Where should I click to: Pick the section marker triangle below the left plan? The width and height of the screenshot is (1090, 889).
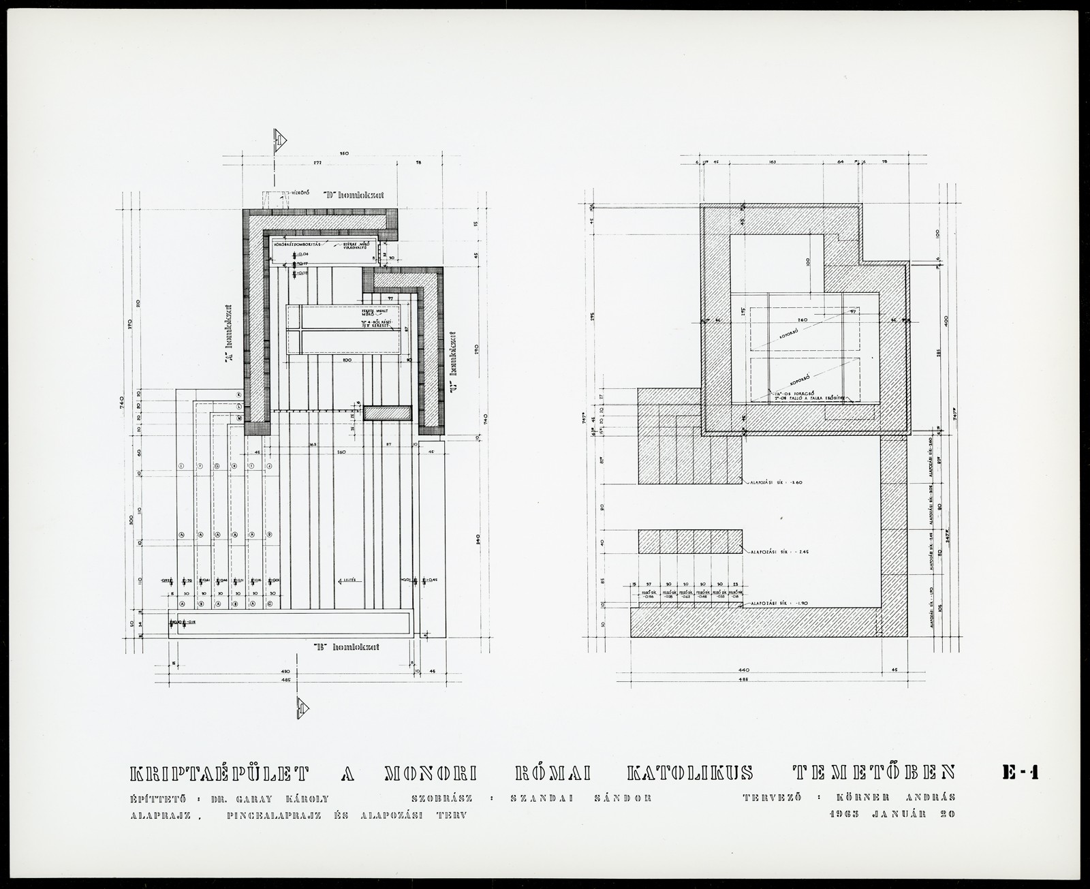coord(302,708)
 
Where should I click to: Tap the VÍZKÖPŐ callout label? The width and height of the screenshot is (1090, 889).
coord(301,192)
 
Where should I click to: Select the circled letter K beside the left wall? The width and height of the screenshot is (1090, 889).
coord(239,395)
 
